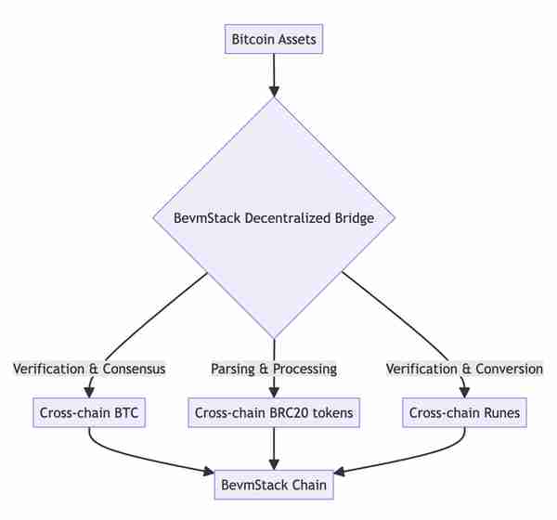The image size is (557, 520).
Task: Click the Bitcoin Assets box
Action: pos(274,39)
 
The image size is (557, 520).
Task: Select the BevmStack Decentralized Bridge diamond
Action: pos(274,218)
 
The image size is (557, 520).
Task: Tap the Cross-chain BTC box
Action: pos(89,412)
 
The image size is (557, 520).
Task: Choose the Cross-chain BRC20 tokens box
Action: pos(274,412)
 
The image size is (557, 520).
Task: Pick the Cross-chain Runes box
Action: pos(465,412)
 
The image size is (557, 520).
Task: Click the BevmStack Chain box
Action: pos(274,485)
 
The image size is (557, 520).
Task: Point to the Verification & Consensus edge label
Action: pos(89,369)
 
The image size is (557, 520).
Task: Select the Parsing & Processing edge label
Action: pos(274,369)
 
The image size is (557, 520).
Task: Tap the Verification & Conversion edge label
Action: pos(465,369)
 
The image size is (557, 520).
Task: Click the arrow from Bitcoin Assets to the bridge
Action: pos(274,75)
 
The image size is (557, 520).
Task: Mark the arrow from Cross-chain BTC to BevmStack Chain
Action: pos(142,458)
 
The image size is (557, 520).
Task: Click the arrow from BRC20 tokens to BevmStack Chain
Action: pos(274,448)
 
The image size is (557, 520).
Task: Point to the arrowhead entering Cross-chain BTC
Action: pos(89,393)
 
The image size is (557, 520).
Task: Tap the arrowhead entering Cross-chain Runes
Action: pos(465,393)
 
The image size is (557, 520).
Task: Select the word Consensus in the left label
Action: pos(134,369)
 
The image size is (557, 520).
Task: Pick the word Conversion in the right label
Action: pos(509,369)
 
